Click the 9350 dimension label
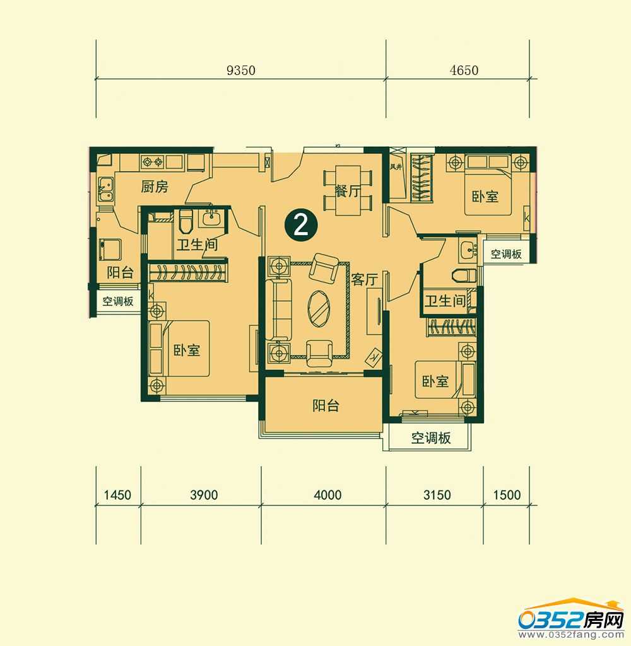coord(241,71)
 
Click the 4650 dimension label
coord(464,71)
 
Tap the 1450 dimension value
coord(117,495)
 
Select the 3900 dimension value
coord(204,495)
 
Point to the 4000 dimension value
coord(327,495)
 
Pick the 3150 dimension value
coord(437,495)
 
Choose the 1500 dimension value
coord(507,495)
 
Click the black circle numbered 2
coord(301,225)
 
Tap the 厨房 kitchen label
coord(155,187)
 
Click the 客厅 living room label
coord(365,280)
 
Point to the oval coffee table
coord(319,309)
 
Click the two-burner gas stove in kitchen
coord(152,161)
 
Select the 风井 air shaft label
coord(396,167)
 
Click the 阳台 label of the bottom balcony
coord(326,405)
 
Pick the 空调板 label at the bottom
coord(431,437)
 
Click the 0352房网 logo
coord(572,619)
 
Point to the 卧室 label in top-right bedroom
coord(485,196)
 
